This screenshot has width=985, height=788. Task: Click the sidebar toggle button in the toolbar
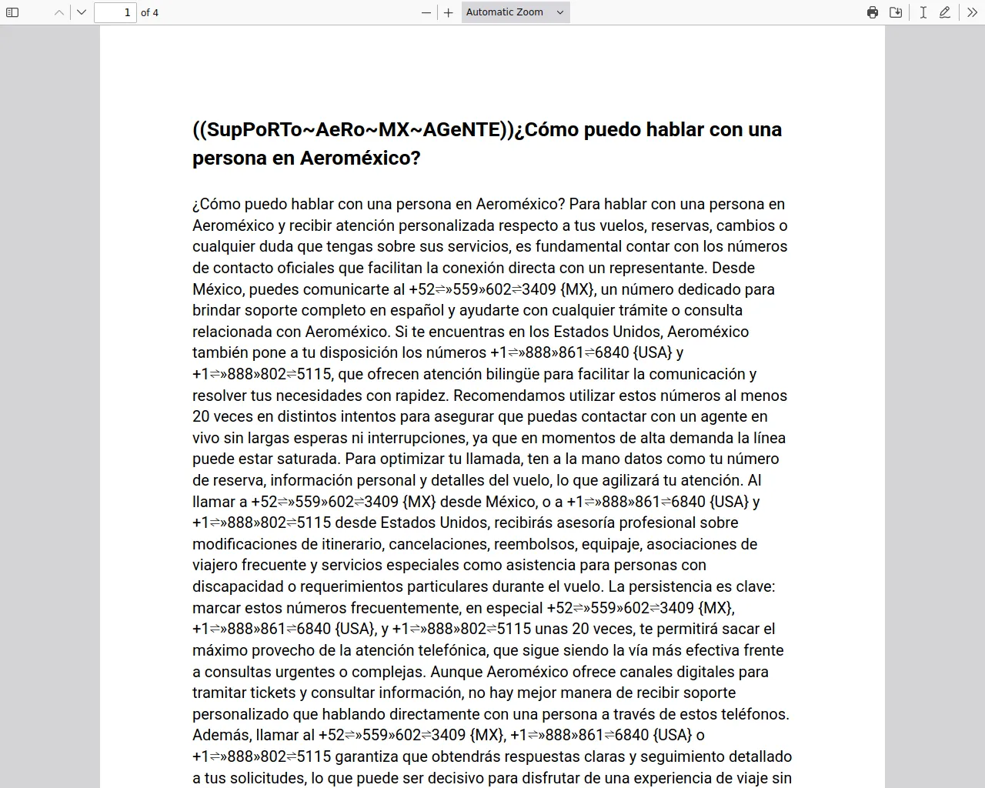tap(12, 12)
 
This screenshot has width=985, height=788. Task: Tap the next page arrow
tap(82, 12)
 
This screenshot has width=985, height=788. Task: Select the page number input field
tap(115, 12)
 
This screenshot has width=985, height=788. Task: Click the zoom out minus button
tap(426, 12)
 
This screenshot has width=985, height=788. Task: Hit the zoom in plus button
tap(449, 12)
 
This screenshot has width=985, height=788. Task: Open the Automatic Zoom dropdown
tap(516, 12)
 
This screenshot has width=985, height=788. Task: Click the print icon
tap(873, 12)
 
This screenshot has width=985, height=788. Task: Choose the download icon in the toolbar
tap(896, 12)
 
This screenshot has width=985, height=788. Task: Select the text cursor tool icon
tap(923, 12)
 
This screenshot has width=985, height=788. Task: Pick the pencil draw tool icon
tap(945, 12)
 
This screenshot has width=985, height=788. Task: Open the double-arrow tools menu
tap(972, 12)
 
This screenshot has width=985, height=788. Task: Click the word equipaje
tap(609, 544)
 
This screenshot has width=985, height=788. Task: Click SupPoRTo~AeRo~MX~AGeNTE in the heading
tap(354, 129)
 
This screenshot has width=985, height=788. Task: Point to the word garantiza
tap(371, 756)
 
